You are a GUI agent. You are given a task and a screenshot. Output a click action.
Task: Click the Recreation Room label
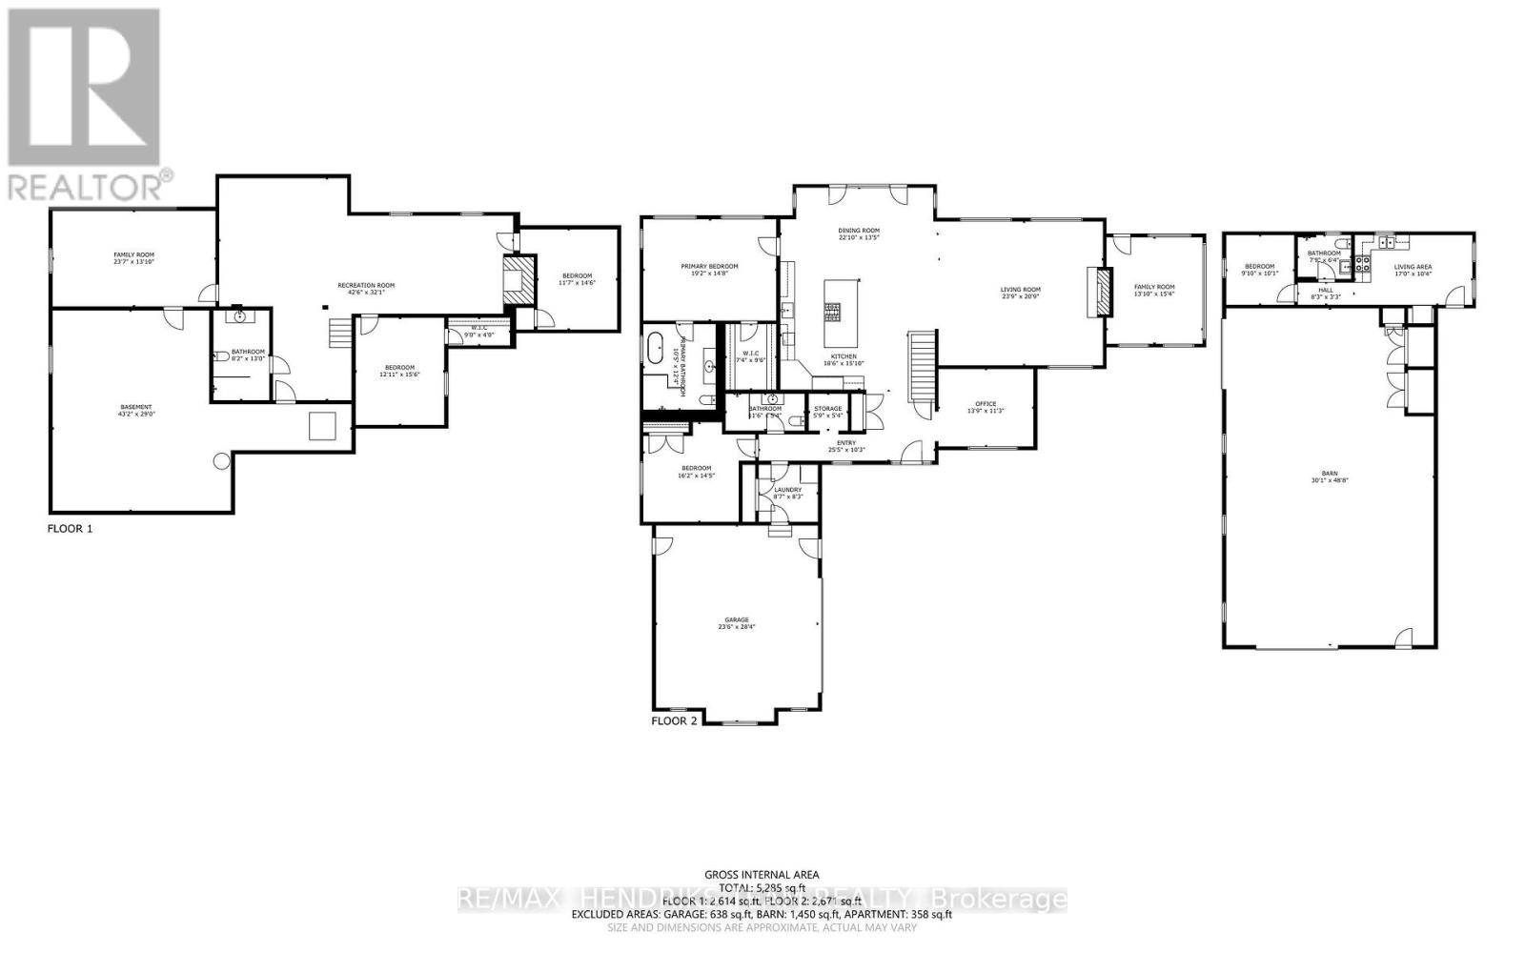click(366, 286)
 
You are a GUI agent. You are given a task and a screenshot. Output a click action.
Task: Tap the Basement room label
click(135, 408)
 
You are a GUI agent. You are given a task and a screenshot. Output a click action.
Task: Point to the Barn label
click(1329, 473)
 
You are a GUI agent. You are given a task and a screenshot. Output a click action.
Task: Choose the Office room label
click(986, 404)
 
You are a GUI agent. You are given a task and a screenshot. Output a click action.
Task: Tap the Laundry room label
click(787, 491)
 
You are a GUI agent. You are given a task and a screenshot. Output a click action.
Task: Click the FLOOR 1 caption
click(71, 528)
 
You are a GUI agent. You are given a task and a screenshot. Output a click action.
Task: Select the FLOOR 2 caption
click(674, 721)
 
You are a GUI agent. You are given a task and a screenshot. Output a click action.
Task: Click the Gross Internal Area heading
click(761, 874)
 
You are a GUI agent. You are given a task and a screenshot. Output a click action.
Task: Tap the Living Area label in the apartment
click(1413, 268)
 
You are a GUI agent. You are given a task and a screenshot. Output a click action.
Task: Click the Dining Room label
click(859, 231)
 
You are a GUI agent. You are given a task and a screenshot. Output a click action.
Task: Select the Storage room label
click(827, 409)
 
